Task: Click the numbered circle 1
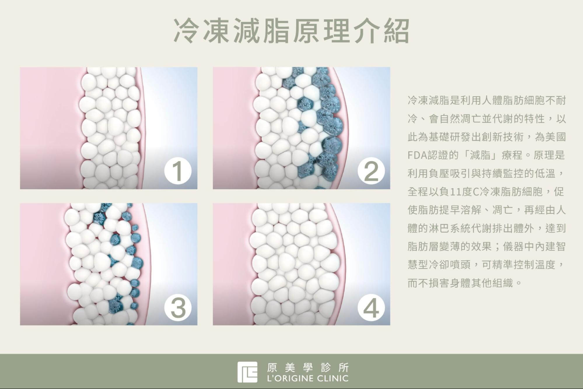pos(178,171)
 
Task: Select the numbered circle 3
pos(178,307)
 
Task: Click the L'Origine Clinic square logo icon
pos(247,372)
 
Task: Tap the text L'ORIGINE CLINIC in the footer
pos(308,379)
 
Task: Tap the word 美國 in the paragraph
pos(555,137)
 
